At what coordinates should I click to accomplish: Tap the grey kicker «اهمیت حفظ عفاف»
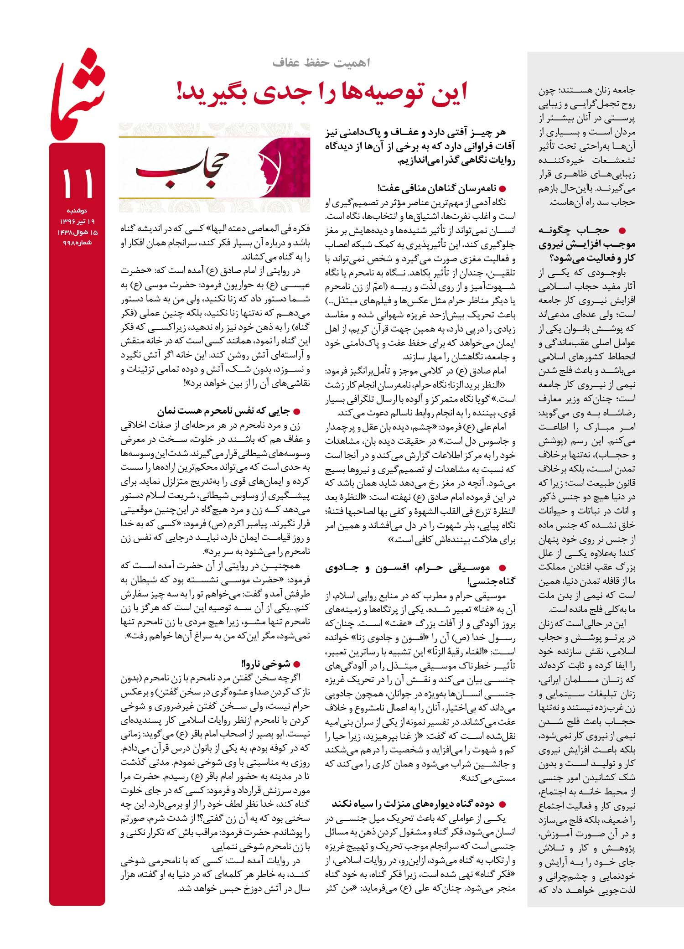click(322, 63)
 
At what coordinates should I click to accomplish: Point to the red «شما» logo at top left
click(78, 93)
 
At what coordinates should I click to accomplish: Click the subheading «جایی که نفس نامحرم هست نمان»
click(223, 411)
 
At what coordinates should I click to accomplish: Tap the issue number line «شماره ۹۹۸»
click(77, 243)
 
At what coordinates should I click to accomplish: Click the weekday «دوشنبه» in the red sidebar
click(78, 211)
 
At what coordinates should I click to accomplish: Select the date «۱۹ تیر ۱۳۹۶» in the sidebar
click(77, 222)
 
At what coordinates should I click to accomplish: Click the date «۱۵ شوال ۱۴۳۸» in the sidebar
click(77, 232)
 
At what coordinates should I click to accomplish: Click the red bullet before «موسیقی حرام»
click(503, 568)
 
